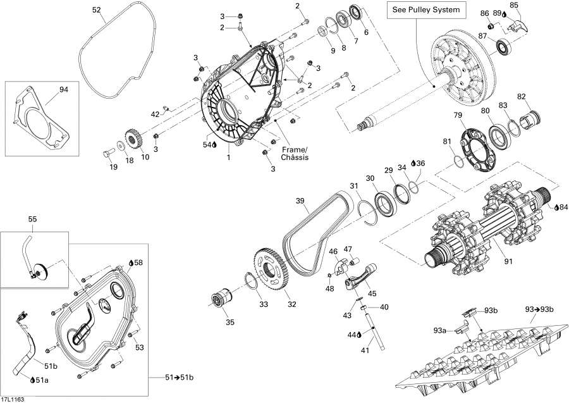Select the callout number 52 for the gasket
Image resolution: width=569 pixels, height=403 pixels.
(x=96, y=10)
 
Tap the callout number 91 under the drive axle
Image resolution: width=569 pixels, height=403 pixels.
(x=491, y=260)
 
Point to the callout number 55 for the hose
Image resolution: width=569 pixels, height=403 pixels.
(x=32, y=219)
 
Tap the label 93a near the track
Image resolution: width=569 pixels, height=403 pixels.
(x=439, y=330)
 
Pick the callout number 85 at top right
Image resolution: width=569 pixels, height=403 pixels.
(x=514, y=6)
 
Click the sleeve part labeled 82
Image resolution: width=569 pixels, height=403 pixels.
(x=528, y=118)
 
